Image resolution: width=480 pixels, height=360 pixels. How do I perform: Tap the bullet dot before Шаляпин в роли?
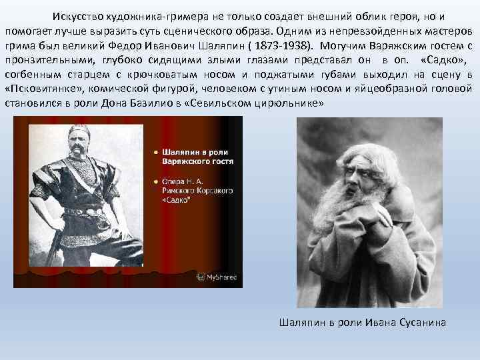coord(155,151)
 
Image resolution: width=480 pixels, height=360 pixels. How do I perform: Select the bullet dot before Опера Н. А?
coord(155,181)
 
